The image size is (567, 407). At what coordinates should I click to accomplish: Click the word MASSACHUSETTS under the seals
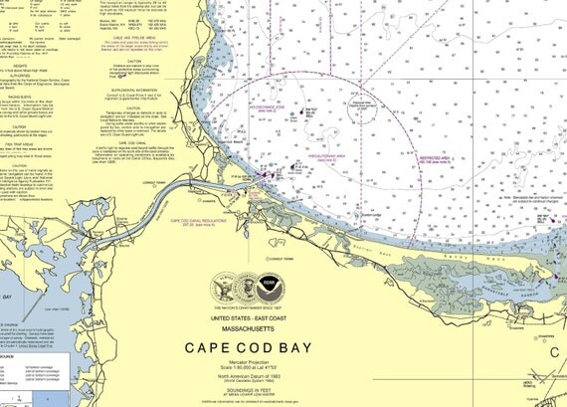pyautogui.click(x=272, y=327)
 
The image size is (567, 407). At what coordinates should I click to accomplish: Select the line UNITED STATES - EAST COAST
pyautogui.click(x=272, y=317)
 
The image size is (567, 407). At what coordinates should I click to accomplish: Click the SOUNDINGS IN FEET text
pyautogui.click(x=274, y=391)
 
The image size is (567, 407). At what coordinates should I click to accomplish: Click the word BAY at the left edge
pyautogui.click(x=9, y=296)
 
